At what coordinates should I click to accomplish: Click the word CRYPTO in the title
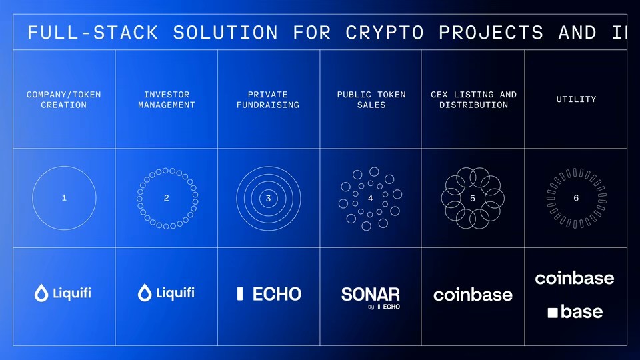(384, 32)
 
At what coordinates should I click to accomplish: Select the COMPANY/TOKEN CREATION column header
(64, 100)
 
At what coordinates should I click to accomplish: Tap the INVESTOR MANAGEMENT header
(167, 100)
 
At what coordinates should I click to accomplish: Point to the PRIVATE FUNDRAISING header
(268, 100)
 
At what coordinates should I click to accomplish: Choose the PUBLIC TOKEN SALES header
(371, 100)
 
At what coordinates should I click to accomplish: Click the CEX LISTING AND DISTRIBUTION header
(473, 100)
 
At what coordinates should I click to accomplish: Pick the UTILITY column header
(576, 99)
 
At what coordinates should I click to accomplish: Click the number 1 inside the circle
(64, 198)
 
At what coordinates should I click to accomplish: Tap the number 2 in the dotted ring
(167, 198)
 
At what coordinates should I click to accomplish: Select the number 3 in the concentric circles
(268, 198)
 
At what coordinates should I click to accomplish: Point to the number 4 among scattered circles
(371, 198)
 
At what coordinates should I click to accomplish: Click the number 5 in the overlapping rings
(473, 198)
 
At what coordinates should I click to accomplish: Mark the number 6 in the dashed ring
(576, 198)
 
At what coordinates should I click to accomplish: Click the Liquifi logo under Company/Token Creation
(63, 293)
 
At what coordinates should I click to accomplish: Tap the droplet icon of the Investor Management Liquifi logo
(144, 293)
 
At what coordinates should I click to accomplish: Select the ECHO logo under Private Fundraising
(269, 293)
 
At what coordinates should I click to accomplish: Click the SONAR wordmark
(371, 294)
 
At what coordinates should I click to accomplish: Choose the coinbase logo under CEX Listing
(473, 295)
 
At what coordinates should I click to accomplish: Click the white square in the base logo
(553, 312)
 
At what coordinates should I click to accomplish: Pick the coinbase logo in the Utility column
(575, 278)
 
